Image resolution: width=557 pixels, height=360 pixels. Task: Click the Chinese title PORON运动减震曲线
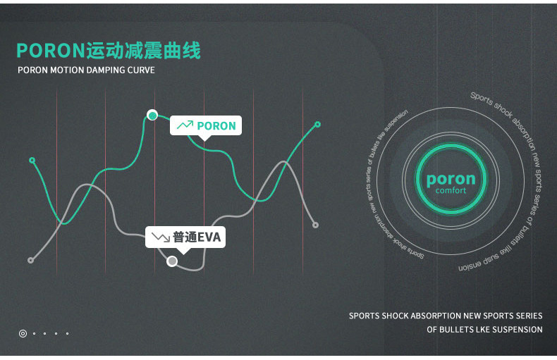click(x=109, y=51)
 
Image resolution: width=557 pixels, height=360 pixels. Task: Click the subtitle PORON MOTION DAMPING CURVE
click(x=86, y=70)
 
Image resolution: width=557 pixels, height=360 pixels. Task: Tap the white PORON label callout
click(x=206, y=125)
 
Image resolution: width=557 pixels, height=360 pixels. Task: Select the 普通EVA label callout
click(x=186, y=237)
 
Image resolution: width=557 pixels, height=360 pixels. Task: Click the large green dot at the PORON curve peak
click(x=152, y=115)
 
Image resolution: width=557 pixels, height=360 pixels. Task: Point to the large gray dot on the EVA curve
click(x=172, y=261)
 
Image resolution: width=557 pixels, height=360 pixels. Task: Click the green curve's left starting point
click(x=32, y=160)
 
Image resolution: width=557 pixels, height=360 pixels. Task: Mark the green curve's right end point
click(x=317, y=124)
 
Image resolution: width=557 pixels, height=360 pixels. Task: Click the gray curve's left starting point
click(x=30, y=260)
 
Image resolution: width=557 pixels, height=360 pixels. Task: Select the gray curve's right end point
click(x=315, y=225)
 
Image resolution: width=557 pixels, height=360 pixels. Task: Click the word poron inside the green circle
click(x=451, y=179)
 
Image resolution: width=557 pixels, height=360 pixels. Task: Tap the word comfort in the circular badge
click(x=451, y=191)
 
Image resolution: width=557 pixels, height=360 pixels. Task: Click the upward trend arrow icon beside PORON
click(x=185, y=125)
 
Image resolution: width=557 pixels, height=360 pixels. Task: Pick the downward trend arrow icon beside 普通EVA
click(x=161, y=237)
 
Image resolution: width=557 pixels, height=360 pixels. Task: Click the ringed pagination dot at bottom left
click(x=23, y=333)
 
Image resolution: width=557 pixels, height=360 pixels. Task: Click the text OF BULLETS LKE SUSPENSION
click(x=484, y=330)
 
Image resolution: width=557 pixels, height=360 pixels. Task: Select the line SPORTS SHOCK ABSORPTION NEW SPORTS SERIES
click(x=446, y=316)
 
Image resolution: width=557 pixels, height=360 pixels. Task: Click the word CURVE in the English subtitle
click(x=141, y=70)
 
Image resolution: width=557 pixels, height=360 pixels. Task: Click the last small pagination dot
click(x=67, y=333)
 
